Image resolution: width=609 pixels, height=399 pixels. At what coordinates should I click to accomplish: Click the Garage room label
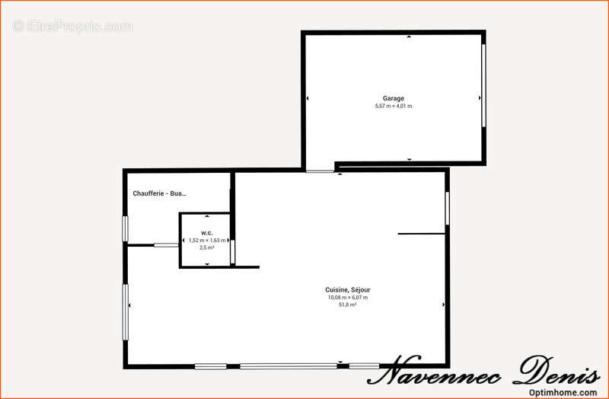[394, 98]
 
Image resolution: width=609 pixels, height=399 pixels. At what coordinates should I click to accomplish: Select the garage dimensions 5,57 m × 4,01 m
[394, 106]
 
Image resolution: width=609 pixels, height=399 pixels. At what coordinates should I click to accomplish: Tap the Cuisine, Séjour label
[348, 290]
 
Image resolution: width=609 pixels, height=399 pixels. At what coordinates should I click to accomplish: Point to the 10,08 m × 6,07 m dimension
[348, 298]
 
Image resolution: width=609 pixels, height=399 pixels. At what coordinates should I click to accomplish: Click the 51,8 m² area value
[348, 305]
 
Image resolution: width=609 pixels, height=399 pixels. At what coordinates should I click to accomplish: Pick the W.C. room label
[206, 233]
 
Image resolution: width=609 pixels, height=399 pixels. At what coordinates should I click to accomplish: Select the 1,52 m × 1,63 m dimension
[207, 241]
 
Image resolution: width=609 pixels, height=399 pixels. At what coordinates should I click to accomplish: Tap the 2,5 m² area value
[206, 247]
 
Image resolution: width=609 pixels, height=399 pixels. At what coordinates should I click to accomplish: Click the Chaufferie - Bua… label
[160, 193]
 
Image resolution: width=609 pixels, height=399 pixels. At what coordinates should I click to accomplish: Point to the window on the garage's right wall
[483, 85]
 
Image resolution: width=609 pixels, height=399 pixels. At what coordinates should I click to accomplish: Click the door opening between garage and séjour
[320, 171]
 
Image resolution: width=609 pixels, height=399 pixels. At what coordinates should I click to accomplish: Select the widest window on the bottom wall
[289, 366]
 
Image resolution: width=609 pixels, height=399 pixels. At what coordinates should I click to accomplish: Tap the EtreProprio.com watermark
[72, 27]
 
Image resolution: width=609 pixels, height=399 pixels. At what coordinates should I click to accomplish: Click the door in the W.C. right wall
[232, 252]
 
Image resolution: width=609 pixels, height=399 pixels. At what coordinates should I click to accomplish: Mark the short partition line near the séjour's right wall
[422, 234]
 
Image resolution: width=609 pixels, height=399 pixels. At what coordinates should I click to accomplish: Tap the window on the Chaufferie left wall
[125, 229]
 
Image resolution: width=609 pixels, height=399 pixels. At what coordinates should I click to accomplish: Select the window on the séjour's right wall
[447, 208]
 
